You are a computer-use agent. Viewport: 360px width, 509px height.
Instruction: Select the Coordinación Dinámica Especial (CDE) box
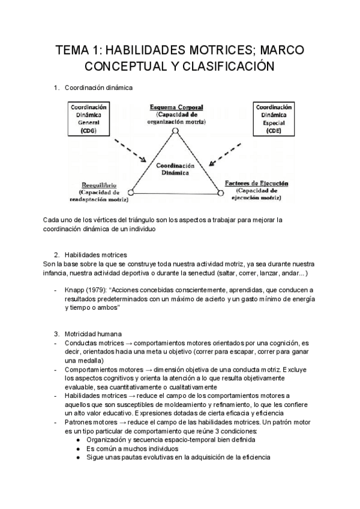(x=274, y=119)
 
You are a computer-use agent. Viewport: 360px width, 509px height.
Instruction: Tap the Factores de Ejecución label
(x=256, y=182)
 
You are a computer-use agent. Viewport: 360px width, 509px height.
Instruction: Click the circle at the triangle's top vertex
(x=175, y=130)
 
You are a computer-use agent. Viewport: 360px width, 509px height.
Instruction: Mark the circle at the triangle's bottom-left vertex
(x=131, y=193)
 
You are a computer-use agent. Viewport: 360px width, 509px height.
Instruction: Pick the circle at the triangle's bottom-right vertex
(x=220, y=193)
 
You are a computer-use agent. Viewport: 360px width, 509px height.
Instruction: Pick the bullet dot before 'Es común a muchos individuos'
(x=79, y=448)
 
